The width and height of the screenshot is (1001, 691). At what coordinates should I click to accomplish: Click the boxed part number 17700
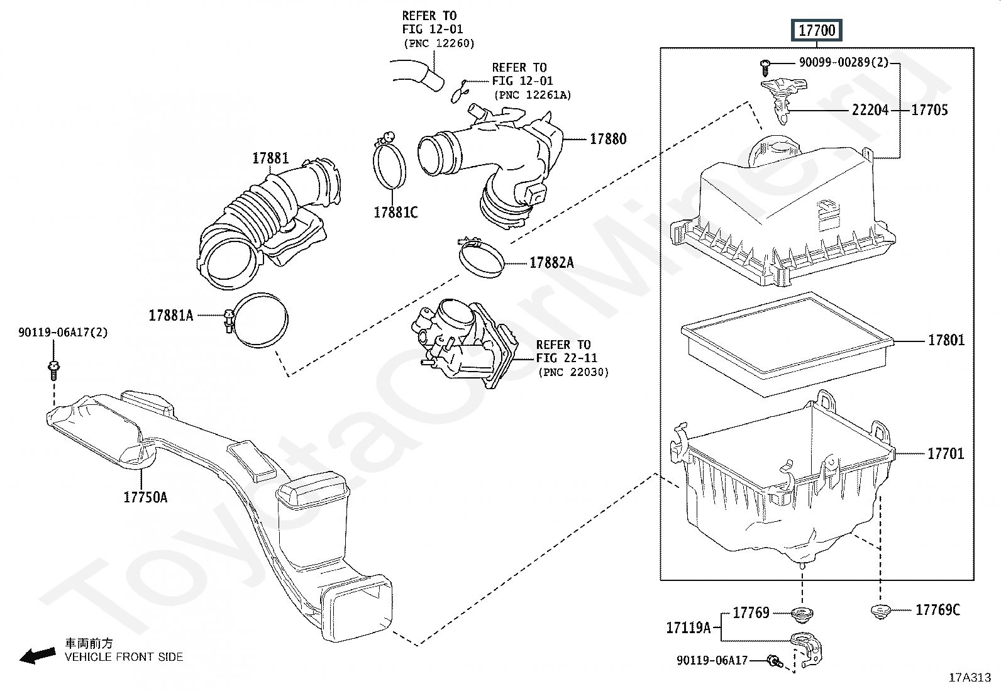tap(816, 30)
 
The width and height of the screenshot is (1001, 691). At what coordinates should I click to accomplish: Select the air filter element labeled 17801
tap(787, 344)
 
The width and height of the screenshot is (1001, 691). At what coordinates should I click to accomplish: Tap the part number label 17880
tap(608, 139)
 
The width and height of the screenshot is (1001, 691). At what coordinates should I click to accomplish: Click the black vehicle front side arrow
tap(38, 656)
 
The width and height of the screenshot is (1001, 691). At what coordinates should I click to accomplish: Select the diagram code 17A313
tap(970, 678)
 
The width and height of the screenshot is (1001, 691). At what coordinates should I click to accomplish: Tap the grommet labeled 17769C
tap(881, 611)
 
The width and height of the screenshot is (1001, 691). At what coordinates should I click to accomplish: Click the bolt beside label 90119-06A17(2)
tap(53, 369)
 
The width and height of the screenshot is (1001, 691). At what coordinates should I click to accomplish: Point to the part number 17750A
tap(145, 497)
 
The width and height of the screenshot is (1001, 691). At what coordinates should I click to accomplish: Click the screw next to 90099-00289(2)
tap(765, 67)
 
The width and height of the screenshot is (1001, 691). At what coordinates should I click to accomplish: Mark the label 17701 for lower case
tap(946, 454)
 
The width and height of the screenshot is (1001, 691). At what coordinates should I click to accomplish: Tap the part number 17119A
tap(688, 627)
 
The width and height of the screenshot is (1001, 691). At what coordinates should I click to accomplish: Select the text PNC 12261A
tap(533, 95)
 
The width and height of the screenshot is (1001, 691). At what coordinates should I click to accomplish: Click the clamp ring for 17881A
tap(260, 319)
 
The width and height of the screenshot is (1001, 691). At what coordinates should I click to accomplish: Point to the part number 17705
tap(929, 110)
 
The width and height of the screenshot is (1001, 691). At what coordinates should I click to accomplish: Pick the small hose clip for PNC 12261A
tap(460, 91)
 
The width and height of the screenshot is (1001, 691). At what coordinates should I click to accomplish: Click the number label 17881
tap(270, 158)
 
